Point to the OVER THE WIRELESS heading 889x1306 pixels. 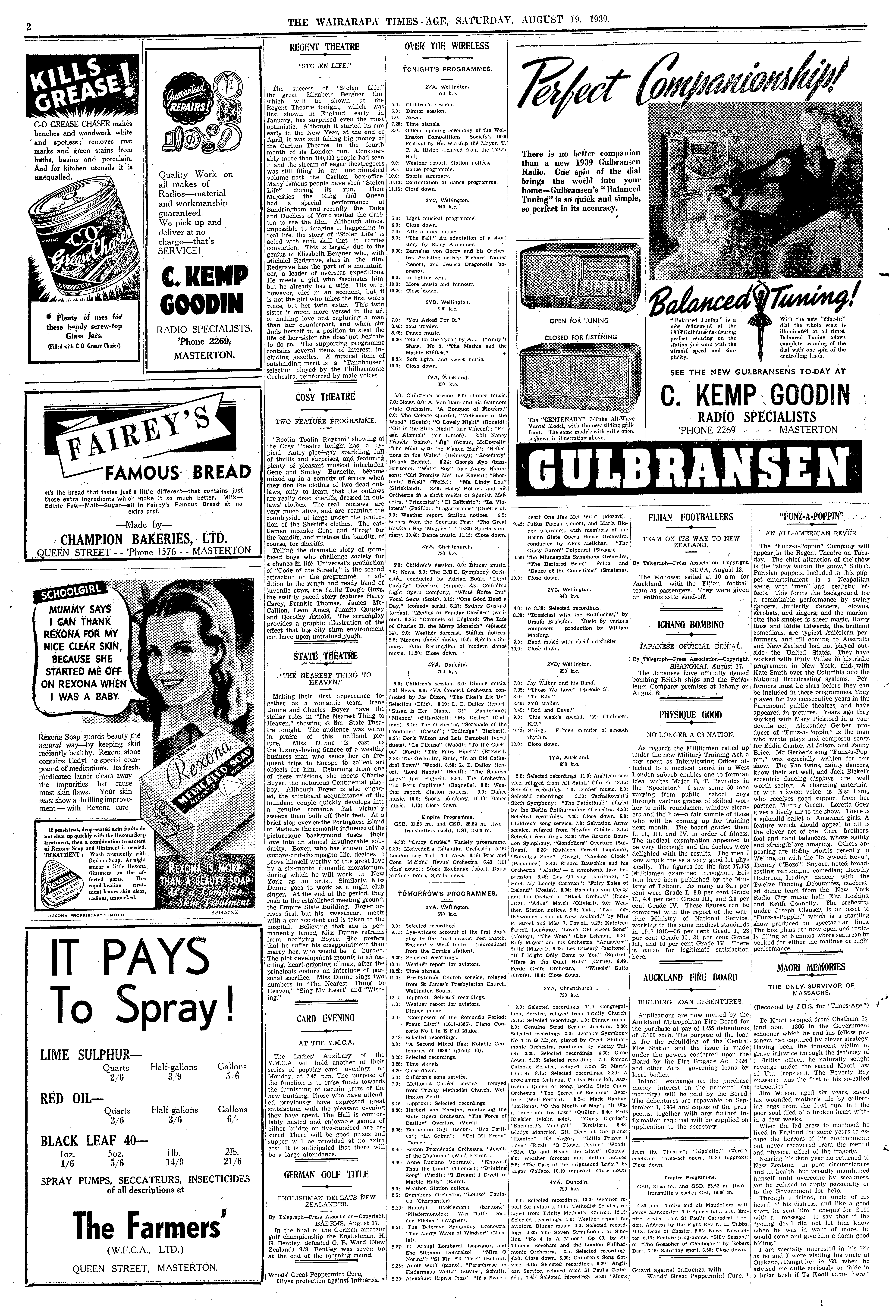point(447,46)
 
